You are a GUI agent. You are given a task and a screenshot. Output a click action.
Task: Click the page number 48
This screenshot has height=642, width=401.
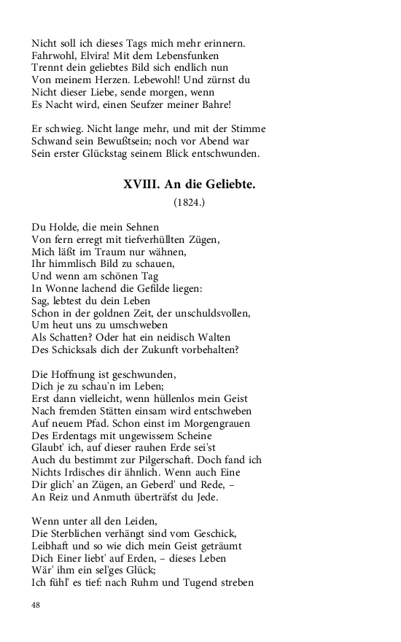pos(37,605)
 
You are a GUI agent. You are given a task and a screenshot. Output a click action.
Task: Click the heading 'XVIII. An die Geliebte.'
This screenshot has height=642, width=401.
pos(190,185)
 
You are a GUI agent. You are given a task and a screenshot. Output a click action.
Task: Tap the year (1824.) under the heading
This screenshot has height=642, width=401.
pos(190,202)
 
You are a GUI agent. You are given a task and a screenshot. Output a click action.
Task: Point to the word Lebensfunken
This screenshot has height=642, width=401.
pos(186,55)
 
